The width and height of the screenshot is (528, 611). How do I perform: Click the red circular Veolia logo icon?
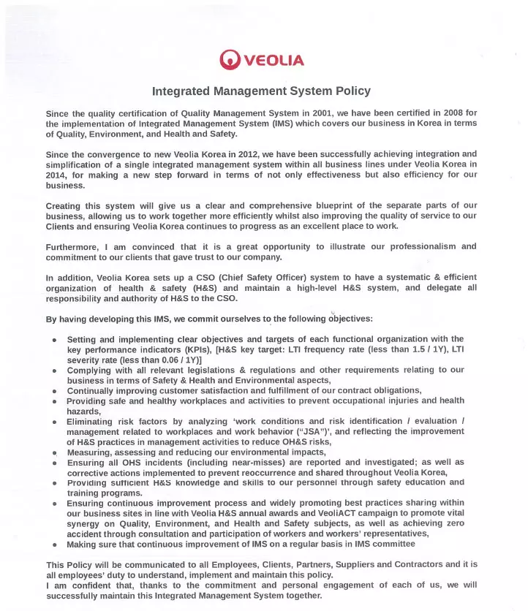coord(230,60)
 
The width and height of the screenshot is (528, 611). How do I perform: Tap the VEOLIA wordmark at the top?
coord(274,60)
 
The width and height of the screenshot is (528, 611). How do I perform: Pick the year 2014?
coord(58,175)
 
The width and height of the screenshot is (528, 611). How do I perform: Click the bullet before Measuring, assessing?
coord(56,453)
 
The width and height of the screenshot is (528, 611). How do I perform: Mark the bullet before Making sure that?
coord(56,544)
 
